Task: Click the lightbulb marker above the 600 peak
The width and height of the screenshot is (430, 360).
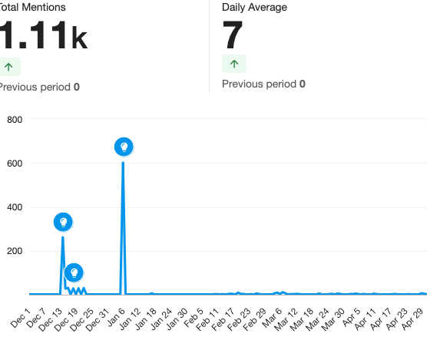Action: (x=124, y=147)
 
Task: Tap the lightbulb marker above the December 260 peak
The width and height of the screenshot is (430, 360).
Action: (x=63, y=222)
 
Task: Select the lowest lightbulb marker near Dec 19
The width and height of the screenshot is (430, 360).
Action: (x=74, y=272)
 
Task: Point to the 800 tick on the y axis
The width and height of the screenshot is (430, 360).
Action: (x=15, y=120)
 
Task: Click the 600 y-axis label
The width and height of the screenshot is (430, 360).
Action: (x=15, y=163)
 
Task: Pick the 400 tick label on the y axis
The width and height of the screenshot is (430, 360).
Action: (x=15, y=207)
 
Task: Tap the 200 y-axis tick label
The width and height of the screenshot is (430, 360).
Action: (x=15, y=251)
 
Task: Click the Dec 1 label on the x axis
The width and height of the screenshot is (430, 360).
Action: (x=21, y=318)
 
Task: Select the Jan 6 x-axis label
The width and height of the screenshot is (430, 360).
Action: (x=116, y=317)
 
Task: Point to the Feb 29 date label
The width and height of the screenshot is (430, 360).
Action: (x=255, y=319)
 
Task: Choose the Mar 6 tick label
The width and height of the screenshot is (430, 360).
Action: (x=273, y=318)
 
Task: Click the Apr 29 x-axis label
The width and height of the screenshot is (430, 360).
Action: (x=413, y=319)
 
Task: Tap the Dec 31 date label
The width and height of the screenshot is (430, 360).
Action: (x=98, y=319)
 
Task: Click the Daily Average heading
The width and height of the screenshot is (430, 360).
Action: (x=254, y=8)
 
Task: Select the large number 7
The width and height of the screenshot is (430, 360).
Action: (x=233, y=35)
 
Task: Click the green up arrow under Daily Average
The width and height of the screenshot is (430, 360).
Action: (x=234, y=64)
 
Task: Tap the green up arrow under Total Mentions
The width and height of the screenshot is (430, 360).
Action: (x=8, y=67)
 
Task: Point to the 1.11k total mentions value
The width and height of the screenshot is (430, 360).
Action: (x=43, y=35)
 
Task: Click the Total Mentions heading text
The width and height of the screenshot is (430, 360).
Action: (x=32, y=8)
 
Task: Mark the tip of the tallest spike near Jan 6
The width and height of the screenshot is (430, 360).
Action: (x=123, y=163)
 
